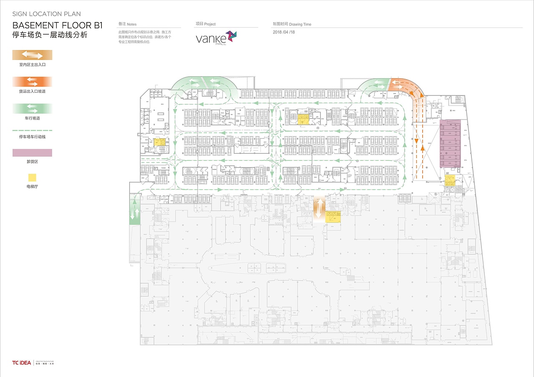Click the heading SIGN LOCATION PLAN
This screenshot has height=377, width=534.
tap(46, 14)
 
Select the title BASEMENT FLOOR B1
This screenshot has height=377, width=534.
tap(58, 25)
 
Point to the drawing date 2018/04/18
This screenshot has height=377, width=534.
tap(284, 32)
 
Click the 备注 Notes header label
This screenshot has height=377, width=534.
tap(127, 24)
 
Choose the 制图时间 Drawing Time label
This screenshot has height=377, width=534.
tap(292, 24)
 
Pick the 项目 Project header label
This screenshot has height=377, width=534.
tap(206, 24)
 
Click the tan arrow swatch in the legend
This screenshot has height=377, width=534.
tap(32, 55)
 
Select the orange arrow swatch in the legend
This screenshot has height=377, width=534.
tap(32, 81)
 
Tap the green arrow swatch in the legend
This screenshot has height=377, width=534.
tap(32, 108)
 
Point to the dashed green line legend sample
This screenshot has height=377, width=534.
tap(32, 130)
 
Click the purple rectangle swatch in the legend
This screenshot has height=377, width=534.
tap(32, 153)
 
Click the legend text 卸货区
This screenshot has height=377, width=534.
tap(32, 161)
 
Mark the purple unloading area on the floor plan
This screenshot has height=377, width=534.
tap(450, 144)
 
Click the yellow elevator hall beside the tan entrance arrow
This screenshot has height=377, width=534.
tap(333, 216)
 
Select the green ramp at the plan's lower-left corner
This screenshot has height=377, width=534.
tap(135, 213)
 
